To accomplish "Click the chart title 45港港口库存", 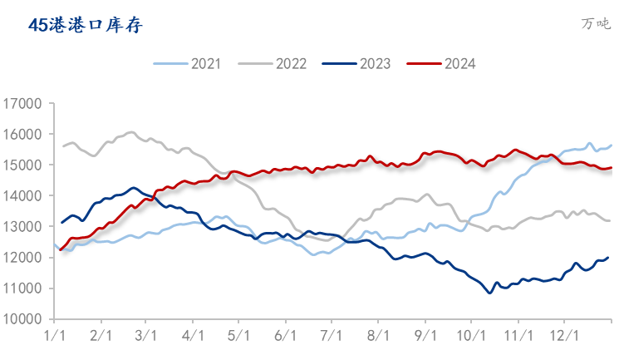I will coord(86,25).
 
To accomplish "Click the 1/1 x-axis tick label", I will coord(55,335).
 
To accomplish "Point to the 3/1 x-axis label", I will coord(145,335).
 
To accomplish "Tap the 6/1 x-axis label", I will coord(285,335).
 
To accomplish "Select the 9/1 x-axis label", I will coord(425,335).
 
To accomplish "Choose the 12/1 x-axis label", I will coord(565,335).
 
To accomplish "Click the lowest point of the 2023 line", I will coord(489,293).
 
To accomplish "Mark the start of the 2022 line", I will coord(63,146).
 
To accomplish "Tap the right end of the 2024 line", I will coord(612,167).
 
